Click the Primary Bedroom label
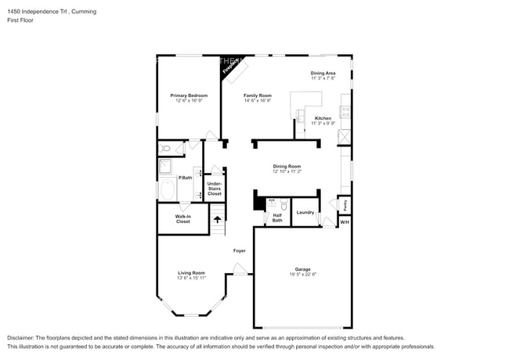(189, 95)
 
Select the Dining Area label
(323, 73)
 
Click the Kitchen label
(323, 118)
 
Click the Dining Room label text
(287, 165)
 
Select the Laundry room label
(305, 212)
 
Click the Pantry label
(345, 204)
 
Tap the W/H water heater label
(345, 222)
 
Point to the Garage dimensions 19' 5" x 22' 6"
(302, 274)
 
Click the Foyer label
(240, 250)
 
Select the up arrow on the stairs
(218, 218)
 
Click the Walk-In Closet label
(182, 219)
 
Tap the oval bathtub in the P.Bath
(167, 189)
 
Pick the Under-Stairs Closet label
(214, 189)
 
